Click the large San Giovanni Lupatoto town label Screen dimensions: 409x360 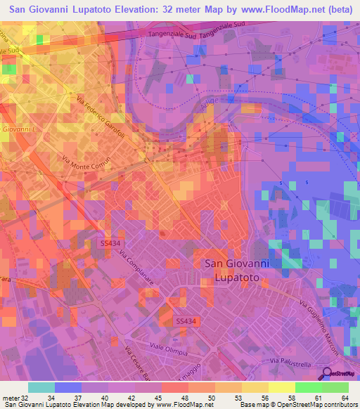coord(236,271)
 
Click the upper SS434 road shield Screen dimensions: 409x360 coord(108,242)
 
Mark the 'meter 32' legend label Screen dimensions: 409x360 coord(14,397)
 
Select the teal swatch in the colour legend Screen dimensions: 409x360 coord(41,387)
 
